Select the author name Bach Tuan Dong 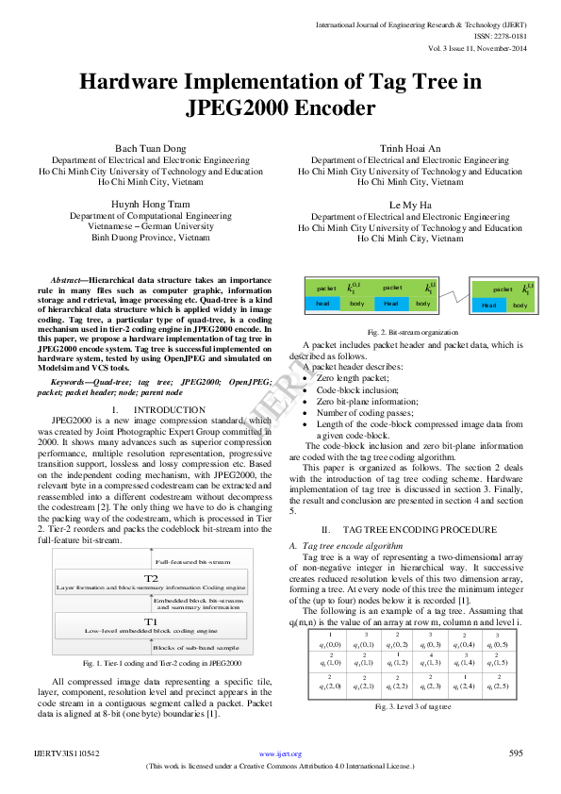(x=151, y=149)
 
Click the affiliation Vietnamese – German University (x=151, y=226)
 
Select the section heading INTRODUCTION (x=170, y=410)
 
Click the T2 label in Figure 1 (x=151, y=577)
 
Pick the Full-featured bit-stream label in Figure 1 (x=189, y=560)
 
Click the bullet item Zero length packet (x=357, y=377)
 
